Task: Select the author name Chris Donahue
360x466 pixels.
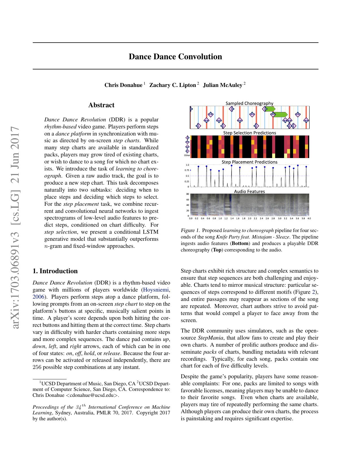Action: point(123,85)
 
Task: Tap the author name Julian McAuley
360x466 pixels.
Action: point(222,85)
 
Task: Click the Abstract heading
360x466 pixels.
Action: point(101,105)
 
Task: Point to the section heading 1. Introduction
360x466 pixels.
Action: point(55,271)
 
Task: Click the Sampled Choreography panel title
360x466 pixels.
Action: point(249,103)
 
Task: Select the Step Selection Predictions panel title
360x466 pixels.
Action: point(250,133)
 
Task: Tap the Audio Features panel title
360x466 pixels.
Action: point(249,191)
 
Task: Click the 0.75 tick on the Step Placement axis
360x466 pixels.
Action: point(187,170)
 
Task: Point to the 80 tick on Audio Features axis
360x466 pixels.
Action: point(187,194)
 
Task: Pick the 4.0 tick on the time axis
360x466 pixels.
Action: point(309,218)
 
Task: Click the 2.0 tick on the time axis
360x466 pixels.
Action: point(250,218)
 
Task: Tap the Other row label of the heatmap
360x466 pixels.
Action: point(187,155)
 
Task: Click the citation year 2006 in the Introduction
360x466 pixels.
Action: point(38,297)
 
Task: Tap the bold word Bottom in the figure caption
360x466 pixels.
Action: point(240,243)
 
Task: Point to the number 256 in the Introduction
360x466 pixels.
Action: point(37,367)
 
